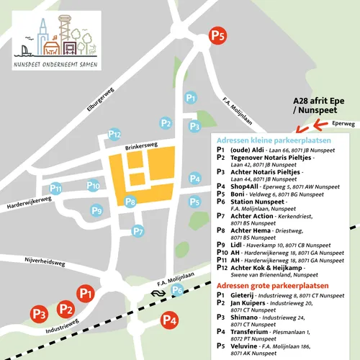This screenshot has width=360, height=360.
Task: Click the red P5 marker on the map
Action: [217, 34]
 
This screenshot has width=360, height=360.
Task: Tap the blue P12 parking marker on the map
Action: [114, 133]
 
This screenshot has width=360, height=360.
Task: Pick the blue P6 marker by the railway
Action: [177, 290]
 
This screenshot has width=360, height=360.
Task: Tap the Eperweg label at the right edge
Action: [345, 124]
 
